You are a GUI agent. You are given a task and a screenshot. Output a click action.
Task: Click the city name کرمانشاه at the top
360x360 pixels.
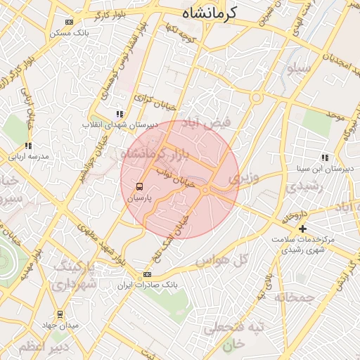click(210, 13)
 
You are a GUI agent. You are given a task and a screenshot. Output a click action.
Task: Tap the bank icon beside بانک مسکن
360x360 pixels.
click(68, 22)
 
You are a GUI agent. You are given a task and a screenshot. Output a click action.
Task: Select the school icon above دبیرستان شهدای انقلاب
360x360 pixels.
click(120, 113)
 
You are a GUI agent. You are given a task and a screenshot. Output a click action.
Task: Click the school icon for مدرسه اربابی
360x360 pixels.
click(28, 146)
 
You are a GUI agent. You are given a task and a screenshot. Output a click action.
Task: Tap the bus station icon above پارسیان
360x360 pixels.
click(139, 187)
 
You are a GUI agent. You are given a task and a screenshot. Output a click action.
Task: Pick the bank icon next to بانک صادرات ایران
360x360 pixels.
click(147, 274)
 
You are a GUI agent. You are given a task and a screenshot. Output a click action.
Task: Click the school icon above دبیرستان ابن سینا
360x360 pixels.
click(324, 157)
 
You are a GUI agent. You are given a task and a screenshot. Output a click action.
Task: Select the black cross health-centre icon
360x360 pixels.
click(303, 229)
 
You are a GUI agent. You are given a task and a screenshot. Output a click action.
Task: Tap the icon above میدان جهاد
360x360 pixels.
click(60, 314)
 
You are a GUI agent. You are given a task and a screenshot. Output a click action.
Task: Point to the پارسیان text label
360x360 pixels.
click(139, 199)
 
